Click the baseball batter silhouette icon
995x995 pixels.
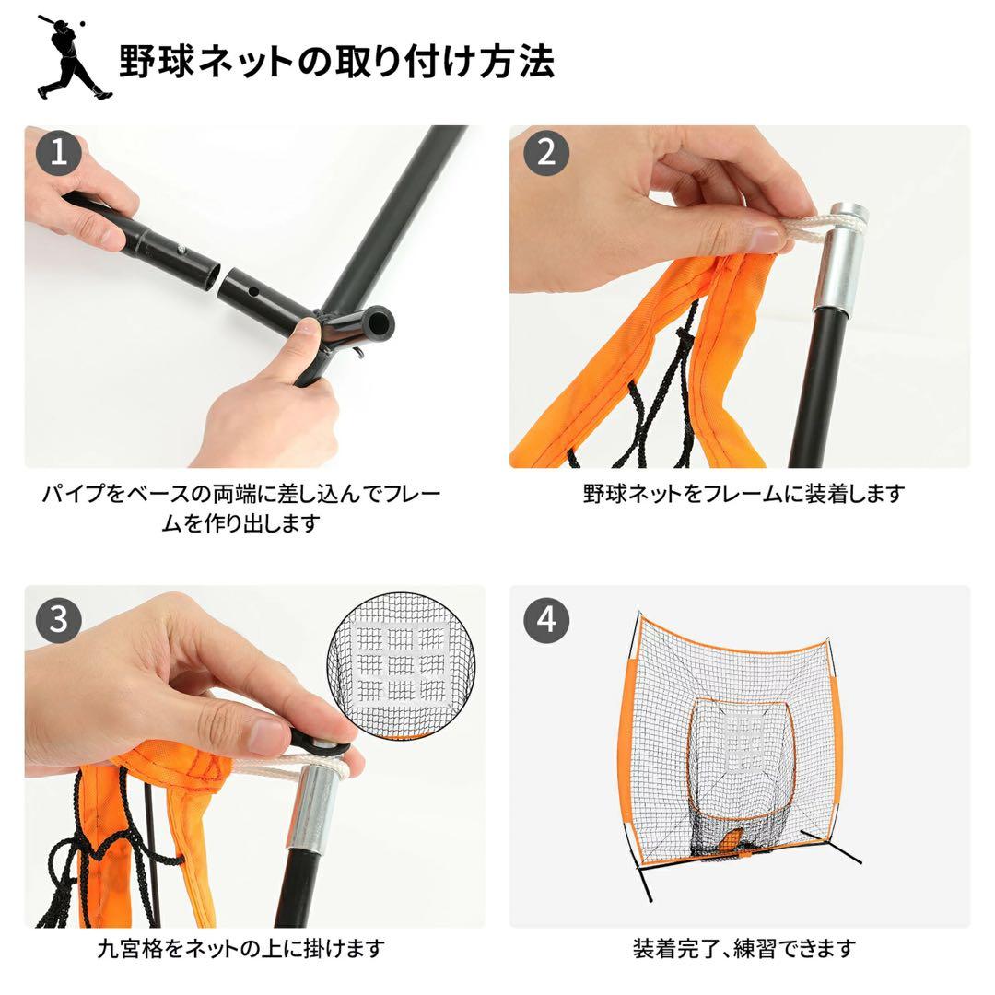click(x=73, y=57)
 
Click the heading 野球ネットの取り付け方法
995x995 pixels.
click(x=336, y=62)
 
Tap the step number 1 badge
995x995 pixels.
click(x=59, y=153)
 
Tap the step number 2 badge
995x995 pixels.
click(x=545, y=153)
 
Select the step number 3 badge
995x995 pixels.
click(x=59, y=619)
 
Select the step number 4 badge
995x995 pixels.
click(x=545, y=619)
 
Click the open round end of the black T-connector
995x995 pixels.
click(x=376, y=323)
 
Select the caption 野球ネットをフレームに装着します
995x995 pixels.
click(x=743, y=494)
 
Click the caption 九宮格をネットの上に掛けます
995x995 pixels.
click(x=241, y=947)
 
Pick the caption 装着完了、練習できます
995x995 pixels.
click(x=743, y=947)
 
